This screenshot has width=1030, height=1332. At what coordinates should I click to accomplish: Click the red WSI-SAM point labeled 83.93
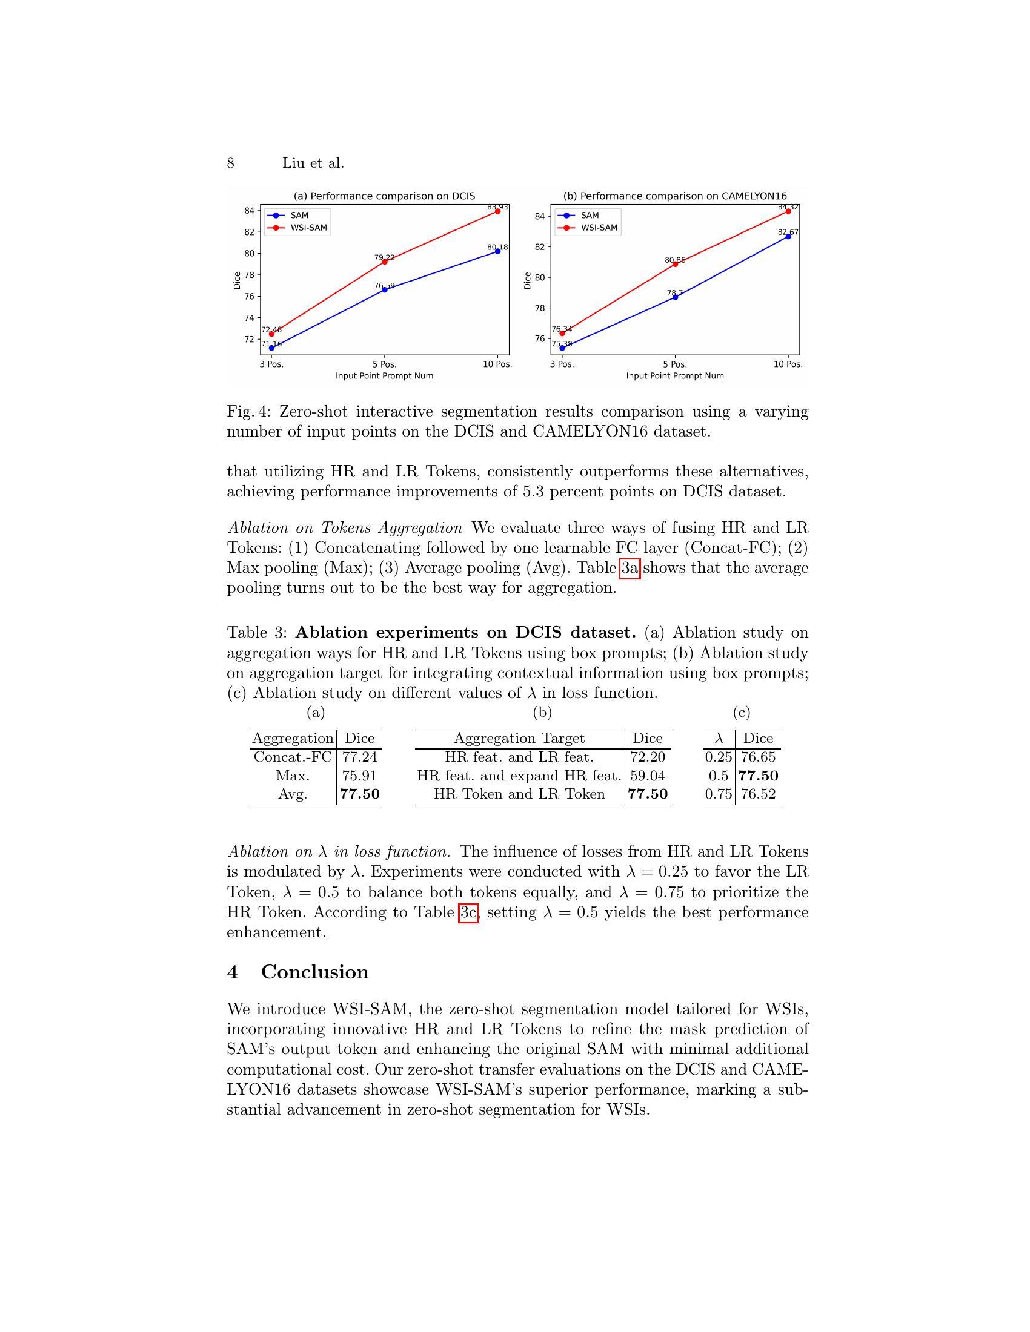(498, 211)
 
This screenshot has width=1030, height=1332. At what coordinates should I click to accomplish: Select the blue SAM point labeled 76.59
(384, 289)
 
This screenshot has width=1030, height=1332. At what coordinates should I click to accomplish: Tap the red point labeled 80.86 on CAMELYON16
(675, 264)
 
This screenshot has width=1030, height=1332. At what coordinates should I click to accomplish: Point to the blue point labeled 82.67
(788, 236)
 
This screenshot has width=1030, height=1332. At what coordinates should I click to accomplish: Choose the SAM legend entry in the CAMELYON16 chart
(590, 216)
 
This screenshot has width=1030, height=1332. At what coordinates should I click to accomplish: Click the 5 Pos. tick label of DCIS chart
(384, 364)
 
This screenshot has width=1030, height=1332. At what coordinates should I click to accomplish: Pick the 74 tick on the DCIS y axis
(249, 318)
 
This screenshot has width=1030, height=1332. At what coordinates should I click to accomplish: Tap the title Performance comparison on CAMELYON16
(675, 196)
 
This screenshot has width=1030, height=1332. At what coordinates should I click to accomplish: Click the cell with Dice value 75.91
(359, 776)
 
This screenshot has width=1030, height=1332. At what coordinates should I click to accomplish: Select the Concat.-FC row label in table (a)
(293, 757)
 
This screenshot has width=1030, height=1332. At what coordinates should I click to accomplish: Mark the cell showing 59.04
(648, 776)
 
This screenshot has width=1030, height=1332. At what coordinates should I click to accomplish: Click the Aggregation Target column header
(519, 738)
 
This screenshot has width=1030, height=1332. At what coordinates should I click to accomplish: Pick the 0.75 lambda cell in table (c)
(718, 794)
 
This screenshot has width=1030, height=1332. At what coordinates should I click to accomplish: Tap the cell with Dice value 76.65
(758, 757)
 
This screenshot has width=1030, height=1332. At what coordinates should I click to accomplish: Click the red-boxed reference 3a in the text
(630, 569)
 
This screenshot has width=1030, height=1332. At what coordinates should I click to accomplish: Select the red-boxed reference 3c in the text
(468, 913)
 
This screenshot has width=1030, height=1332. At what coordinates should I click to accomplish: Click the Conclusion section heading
(314, 972)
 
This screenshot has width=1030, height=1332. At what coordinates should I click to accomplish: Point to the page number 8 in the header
(231, 163)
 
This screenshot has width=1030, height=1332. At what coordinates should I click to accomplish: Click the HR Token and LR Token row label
(519, 794)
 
